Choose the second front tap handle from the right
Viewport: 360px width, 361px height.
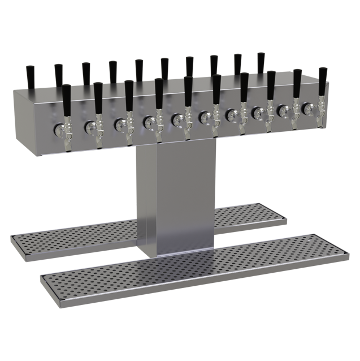[x=296, y=85]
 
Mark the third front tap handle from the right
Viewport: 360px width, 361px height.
[x=271, y=87]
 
